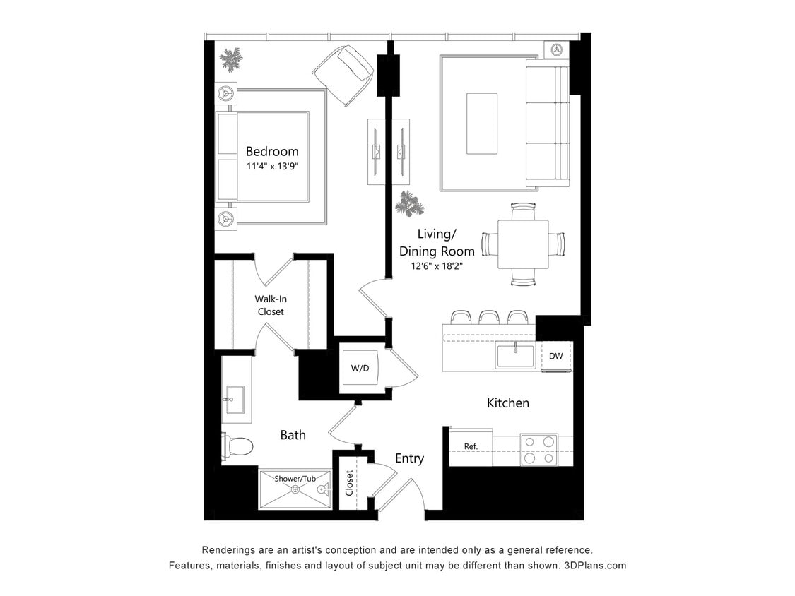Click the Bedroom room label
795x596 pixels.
[272, 151]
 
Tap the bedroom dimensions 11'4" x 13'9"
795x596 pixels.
[272, 167]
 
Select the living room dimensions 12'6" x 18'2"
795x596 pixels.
[437, 266]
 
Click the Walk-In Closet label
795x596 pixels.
[271, 305]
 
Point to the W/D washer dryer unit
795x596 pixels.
[360, 368]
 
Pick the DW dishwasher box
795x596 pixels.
[556, 356]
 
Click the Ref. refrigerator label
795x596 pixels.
[471, 446]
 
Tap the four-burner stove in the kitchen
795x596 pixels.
[539, 449]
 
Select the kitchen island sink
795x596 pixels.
[515, 354]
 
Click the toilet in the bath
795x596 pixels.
[238, 446]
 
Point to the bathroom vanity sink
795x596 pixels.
[233, 399]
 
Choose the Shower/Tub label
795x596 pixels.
[295, 479]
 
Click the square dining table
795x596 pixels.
[523, 244]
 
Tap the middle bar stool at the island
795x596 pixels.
[489, 317]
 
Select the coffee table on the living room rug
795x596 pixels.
[482, 123]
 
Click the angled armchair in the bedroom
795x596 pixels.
[343, 74]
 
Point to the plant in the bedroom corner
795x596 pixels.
[230, 59]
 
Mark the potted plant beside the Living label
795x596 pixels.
[410, 203]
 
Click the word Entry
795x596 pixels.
[409, 458]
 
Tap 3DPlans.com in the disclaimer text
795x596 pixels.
[595, 566]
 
